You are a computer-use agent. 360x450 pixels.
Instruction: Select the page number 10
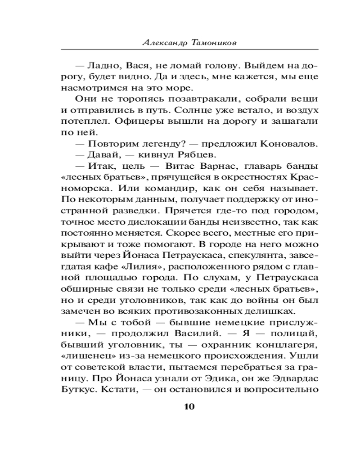189,407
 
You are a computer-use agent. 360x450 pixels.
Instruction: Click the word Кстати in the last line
114,389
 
